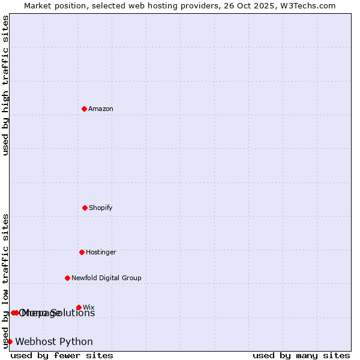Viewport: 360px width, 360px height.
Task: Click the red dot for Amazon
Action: click(84, 109)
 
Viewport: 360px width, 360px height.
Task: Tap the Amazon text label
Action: click(101, 109)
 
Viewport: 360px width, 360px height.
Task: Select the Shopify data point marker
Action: click(85, 208)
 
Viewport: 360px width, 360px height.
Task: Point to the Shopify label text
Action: click(101, 208)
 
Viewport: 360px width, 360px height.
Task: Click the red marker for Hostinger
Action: click(82, 252)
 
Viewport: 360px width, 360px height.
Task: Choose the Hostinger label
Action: click(101, 252)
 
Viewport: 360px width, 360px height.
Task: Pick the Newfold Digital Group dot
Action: click(67, 278)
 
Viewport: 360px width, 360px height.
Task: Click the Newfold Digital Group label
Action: click(106, 278)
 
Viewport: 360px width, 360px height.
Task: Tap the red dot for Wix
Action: click(79, 307)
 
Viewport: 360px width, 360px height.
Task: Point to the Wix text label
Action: click(89, 307)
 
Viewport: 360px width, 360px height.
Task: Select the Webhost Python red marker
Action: click(10, 341)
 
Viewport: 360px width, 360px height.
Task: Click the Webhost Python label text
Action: click(54, 342)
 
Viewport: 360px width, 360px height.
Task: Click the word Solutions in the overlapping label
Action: click(74, 313)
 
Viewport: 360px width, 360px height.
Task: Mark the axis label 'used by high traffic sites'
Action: click(5, 85)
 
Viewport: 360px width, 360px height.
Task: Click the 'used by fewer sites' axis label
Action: click(62, 355)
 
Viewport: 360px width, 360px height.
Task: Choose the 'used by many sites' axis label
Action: click(301, 355)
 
